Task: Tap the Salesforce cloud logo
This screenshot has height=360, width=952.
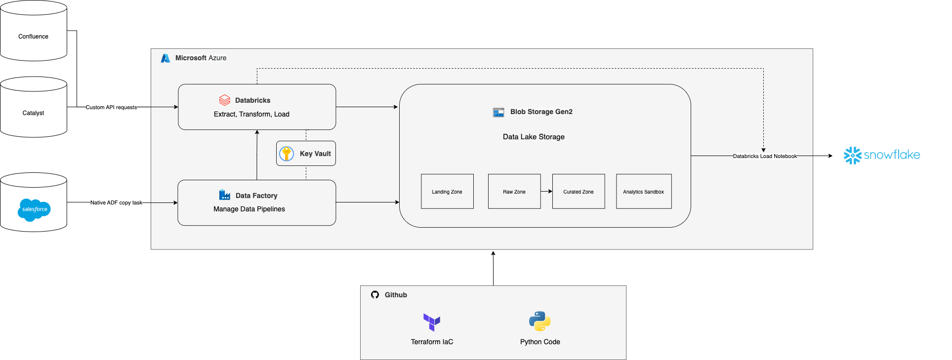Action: [34, 210]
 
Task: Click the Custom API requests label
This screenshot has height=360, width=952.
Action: [111, 107]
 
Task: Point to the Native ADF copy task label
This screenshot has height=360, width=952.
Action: [116, 202]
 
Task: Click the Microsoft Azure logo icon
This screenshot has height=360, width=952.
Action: [166, 58]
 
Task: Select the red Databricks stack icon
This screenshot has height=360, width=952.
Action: [225, 100]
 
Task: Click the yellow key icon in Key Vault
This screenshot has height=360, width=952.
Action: [287, 154]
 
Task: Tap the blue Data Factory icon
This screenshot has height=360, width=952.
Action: [225, 195]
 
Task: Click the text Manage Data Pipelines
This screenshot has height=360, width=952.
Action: [249, 209]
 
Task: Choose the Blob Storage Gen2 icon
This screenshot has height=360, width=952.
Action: [498, 112]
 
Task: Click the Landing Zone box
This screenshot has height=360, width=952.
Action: [447, 192]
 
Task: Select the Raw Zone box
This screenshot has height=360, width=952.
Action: [514, 192]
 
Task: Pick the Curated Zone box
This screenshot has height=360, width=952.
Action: [579, 192]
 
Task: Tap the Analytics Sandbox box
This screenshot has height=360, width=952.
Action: [644, 192]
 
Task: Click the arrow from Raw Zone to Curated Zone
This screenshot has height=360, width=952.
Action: [546, 191]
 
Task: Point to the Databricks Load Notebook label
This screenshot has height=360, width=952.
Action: [765, 156]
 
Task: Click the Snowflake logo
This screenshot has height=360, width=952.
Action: [882, 155]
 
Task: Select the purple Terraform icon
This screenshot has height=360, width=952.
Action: [432, 322]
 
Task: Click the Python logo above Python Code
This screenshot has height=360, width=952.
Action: [539, 321]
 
